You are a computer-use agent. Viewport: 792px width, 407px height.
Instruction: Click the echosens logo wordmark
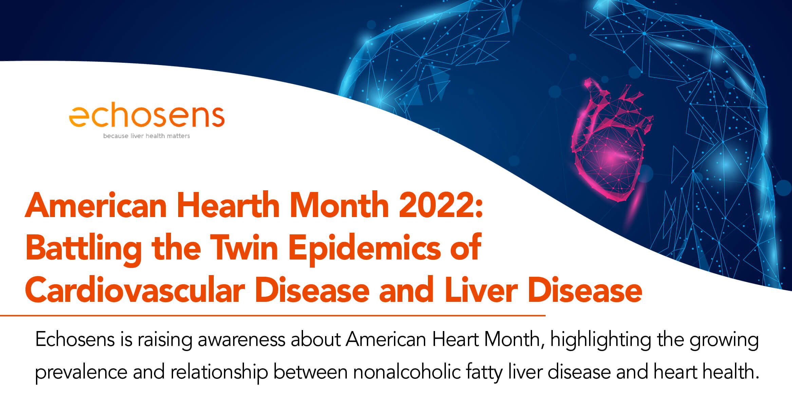(x=147, y=116)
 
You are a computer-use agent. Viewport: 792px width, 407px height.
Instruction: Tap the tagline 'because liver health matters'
(x=147, y=136)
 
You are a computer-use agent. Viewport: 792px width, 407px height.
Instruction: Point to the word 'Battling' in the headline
(x=83, y=249)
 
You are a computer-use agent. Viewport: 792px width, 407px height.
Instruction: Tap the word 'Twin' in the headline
(x=244, y=248)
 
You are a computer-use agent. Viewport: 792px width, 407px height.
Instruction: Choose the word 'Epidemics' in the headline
(x=365, y=249)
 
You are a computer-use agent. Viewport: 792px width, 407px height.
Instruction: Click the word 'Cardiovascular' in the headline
(x=135, y=290)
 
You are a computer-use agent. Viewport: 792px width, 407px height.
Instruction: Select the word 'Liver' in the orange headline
(x=481, y=290)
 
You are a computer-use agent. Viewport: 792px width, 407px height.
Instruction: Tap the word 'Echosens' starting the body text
(x=75, y=339)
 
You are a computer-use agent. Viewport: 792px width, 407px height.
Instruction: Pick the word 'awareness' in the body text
(x=242, y=340)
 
